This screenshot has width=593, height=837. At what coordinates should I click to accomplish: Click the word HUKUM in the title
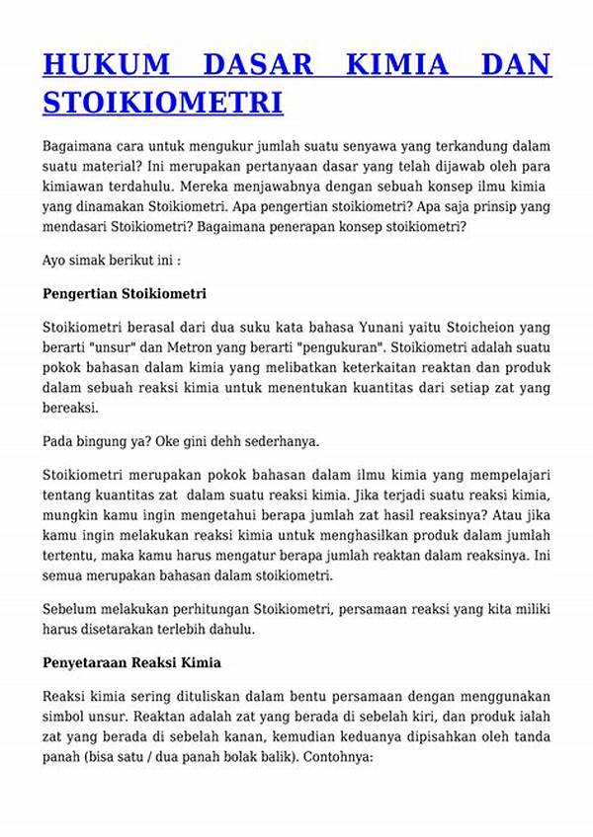coord(105,64)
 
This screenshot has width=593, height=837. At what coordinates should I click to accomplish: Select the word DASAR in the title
coord(257,64)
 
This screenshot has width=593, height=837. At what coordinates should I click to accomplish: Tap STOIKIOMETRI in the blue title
coord(163,101)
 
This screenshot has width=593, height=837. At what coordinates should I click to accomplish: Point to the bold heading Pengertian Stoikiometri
coord(125,294)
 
